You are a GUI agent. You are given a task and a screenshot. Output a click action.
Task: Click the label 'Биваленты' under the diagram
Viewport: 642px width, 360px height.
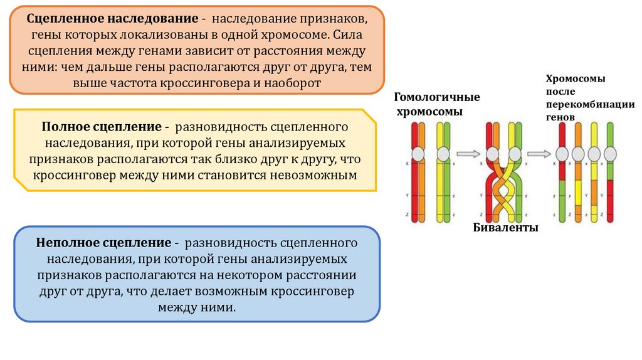pos(506,228)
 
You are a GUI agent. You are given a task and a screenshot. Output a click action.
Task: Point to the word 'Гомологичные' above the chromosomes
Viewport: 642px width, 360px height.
pos(437,97)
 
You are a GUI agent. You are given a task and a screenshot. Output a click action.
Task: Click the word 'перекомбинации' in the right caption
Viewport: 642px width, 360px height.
pos(591,105)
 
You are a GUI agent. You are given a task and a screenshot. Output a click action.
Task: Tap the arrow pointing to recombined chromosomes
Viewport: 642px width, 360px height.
pos(539,153)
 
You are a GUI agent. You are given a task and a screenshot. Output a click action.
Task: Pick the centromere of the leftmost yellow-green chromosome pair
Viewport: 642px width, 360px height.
pos(443,153)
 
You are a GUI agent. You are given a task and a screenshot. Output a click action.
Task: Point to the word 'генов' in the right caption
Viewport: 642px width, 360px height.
pos(560,117)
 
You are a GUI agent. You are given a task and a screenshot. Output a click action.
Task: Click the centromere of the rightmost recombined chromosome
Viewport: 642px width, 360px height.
pos(609,153)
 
